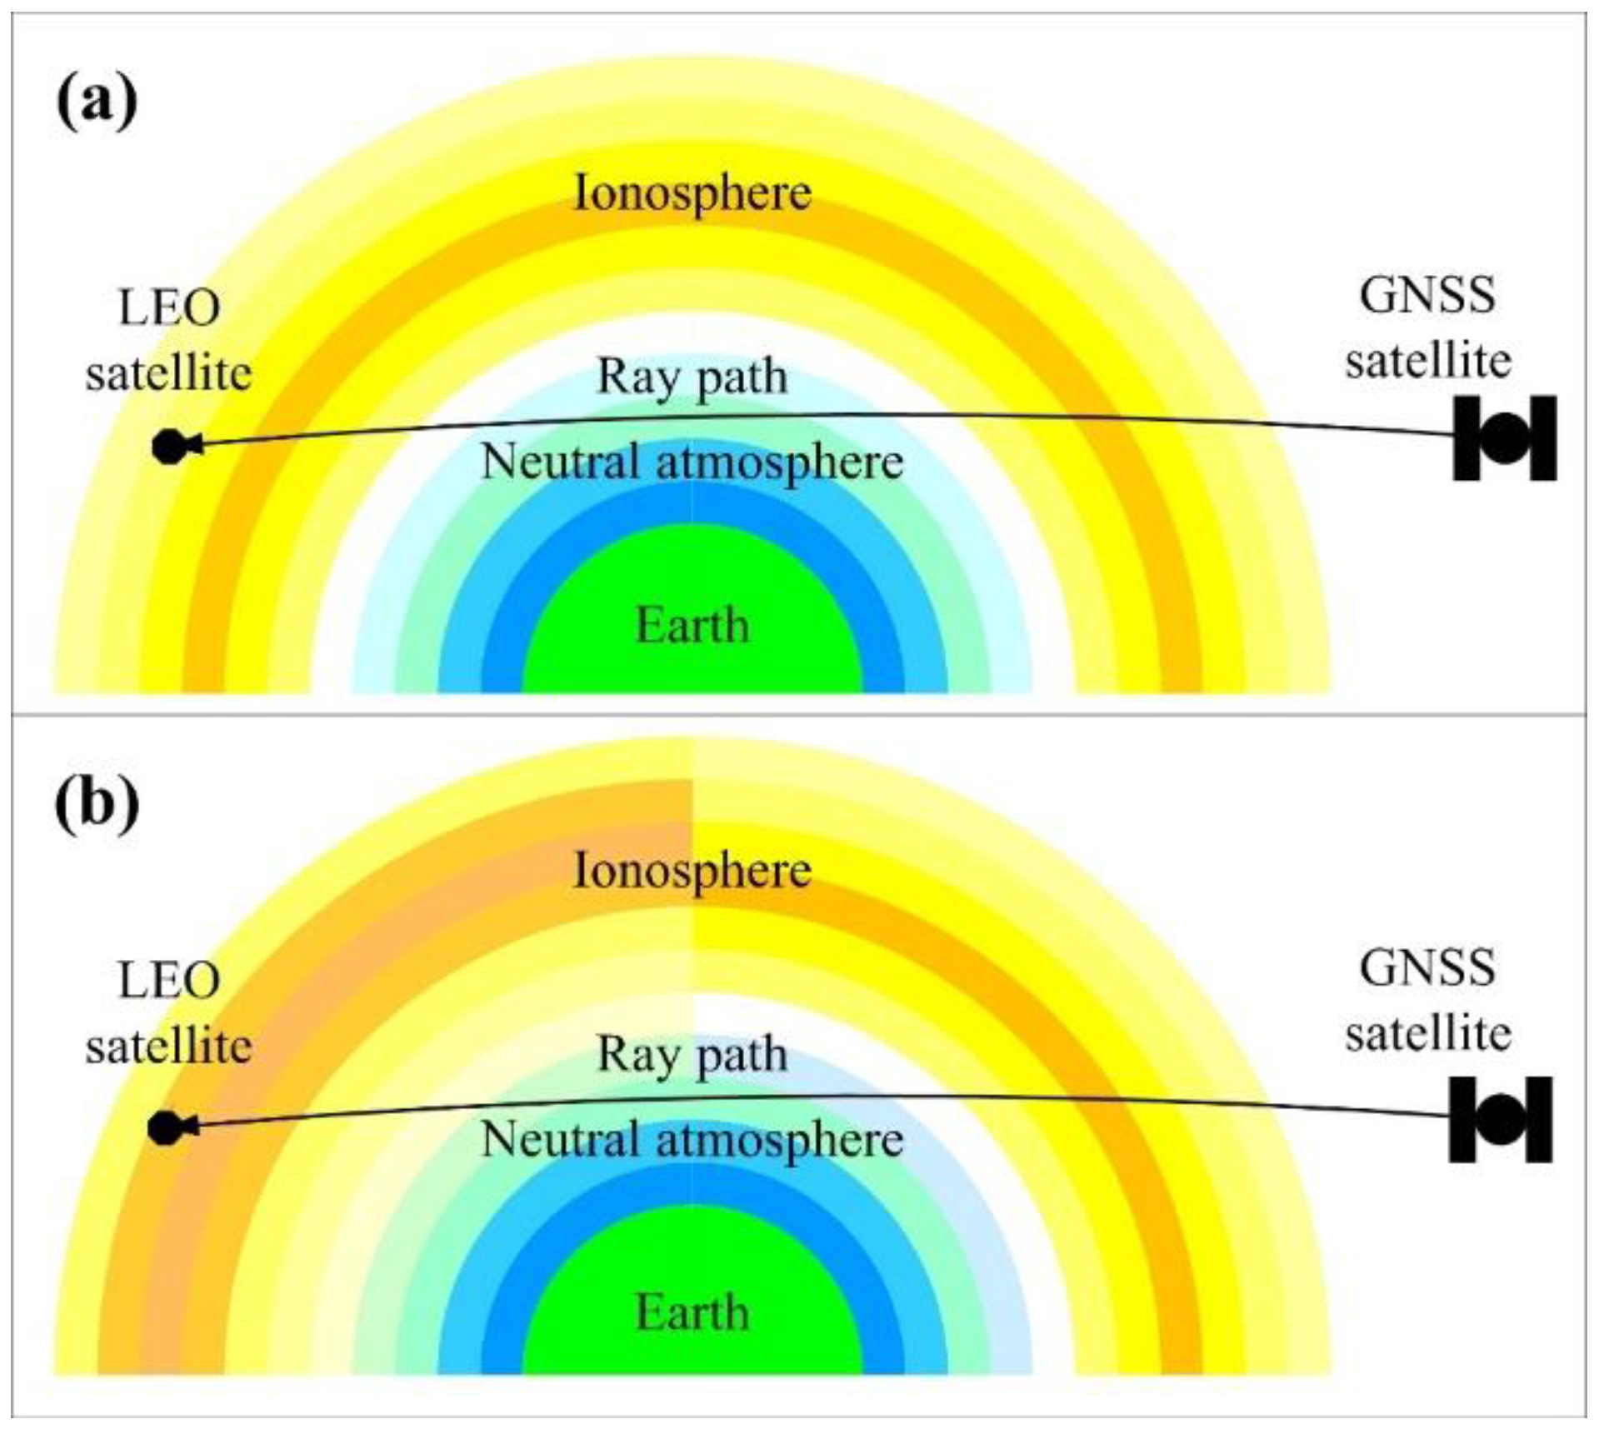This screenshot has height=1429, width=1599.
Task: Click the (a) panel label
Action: coord(96,98)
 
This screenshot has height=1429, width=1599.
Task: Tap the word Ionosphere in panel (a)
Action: coord(692,193)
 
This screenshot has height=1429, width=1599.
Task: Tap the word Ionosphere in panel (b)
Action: coord(692,872)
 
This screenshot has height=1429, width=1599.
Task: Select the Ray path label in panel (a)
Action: coord(692,377)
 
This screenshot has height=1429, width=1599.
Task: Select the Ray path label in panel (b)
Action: coord(692,1056)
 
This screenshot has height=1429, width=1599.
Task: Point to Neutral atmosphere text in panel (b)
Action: coord(692,1140)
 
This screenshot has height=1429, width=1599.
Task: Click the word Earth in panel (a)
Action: coord(692,625)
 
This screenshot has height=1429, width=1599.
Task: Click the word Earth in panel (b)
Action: coord(692,1312)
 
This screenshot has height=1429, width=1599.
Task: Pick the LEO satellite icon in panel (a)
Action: coord(169,447)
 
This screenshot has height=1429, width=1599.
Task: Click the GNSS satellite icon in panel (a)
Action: coord(1505,438)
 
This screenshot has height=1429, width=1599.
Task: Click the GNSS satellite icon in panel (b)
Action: coord(1501,1119)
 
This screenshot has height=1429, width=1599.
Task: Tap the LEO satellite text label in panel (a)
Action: coord(169,341)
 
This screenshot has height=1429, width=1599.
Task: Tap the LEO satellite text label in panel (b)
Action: coord(169,1013)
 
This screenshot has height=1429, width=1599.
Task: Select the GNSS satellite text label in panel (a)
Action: coord(1428,328)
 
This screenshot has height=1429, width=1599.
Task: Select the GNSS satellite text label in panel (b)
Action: coord(1428,1001)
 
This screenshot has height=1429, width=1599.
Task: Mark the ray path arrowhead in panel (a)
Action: coord(197,446)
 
